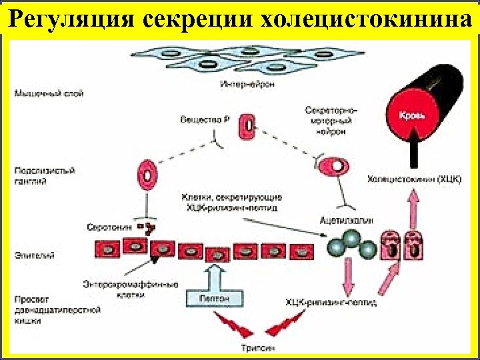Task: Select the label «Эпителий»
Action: (x=30, y=255)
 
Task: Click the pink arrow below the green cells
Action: (x=347, y=274)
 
